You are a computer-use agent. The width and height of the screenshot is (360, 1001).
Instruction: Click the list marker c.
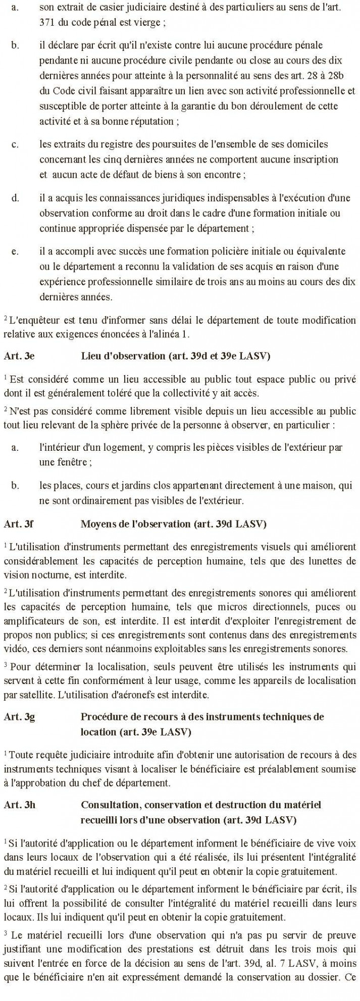(x=15, y=145)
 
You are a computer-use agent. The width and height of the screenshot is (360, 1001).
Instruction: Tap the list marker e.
(x=15, y=251)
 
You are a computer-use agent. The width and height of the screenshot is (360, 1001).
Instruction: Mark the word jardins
(x=134, y=486)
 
